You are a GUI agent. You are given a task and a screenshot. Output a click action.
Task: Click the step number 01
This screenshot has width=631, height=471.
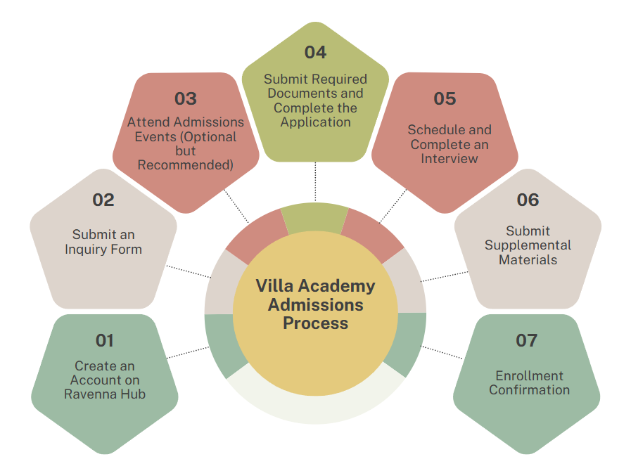tap(104, 341)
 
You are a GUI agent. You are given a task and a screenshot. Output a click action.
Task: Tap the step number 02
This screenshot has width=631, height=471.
tap(103, 200)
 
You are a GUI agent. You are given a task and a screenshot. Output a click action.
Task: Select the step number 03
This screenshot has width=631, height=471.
tap(185, 98)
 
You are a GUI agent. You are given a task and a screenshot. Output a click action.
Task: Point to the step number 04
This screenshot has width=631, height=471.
tap(315, 52)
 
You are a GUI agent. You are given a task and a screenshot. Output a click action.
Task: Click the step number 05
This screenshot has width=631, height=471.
tap(445, 98)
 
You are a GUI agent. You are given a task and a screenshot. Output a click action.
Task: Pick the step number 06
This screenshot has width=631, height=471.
tap(528, 200)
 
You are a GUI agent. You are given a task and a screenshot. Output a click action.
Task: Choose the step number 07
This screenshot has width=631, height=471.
tap(526, 341)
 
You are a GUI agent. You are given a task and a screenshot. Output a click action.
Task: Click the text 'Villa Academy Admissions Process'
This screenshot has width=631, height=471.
tap(315, 304)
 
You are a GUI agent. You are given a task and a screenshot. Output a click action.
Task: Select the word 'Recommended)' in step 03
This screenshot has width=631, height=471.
tap(185, 165)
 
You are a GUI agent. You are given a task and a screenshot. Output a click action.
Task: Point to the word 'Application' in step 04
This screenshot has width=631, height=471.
tap(315, 122)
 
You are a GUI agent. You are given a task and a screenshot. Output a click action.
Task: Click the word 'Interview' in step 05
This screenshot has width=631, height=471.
tap(449, 158)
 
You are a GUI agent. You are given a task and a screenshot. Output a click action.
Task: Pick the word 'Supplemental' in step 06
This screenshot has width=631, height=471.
tap(528, 245)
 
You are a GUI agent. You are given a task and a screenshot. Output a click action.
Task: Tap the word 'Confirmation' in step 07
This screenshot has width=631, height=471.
tap(529, 390)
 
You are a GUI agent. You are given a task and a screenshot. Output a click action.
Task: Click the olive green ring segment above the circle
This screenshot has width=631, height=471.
tap(314, 217)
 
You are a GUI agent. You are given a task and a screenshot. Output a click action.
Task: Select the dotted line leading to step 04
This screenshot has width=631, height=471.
tap(315, 181)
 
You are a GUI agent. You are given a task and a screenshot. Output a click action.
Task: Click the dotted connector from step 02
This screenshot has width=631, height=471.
tap(188, 271)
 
